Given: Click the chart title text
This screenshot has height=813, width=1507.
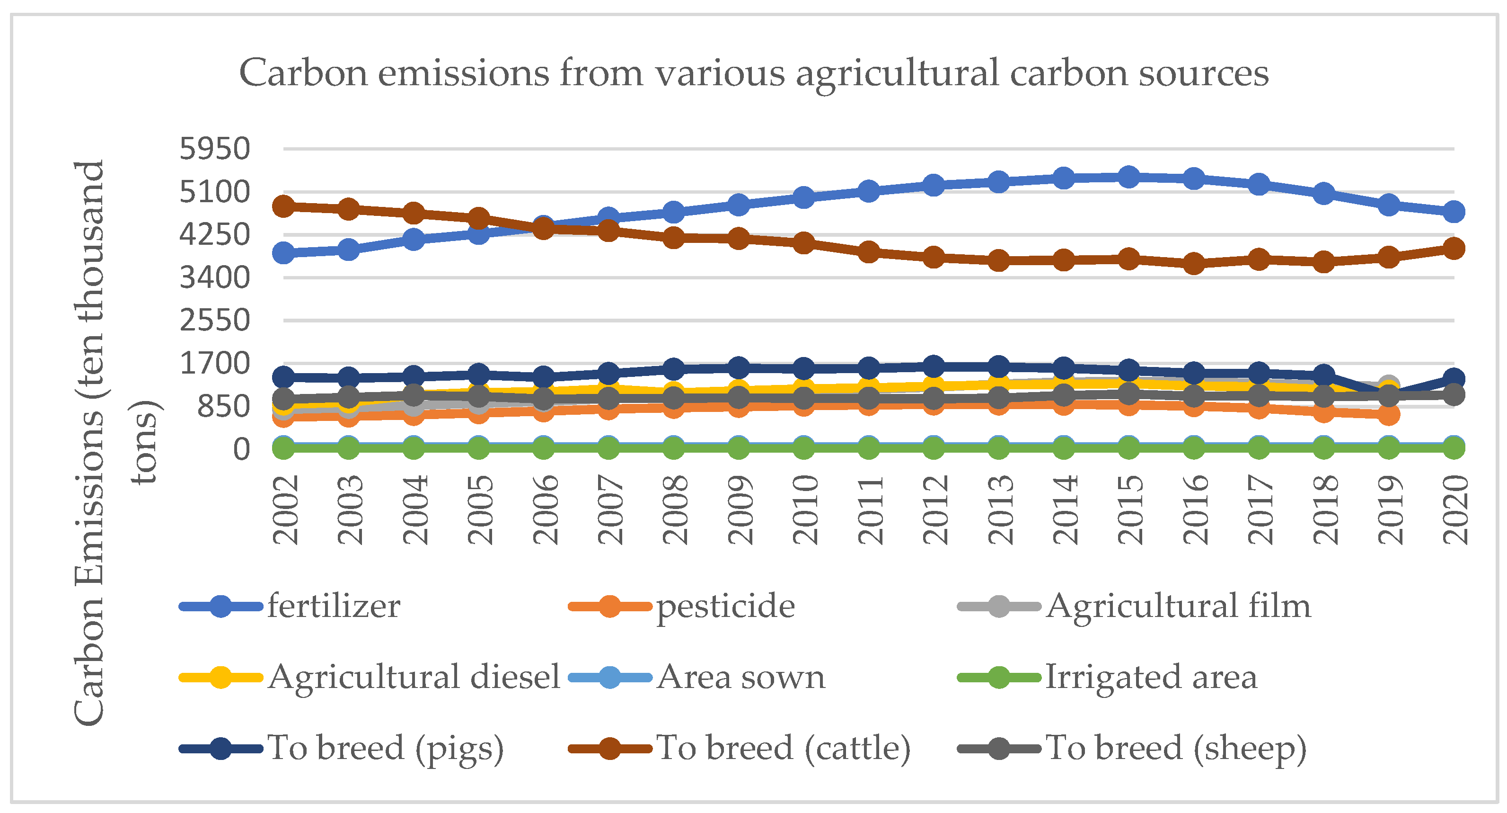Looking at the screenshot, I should coord(753,73).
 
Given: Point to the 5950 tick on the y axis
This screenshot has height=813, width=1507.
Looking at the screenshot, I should coord(215,149).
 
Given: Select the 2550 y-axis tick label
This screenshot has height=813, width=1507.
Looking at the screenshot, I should coord(215,321).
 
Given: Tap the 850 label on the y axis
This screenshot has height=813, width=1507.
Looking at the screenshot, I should coord(223,407).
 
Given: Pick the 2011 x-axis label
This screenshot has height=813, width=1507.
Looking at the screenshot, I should coord(870,509).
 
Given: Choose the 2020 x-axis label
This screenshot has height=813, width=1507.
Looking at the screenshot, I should coord(1455,509).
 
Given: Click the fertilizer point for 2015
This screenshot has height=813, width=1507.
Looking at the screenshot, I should coord(1129,177).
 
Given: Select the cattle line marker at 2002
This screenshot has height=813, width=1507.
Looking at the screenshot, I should coord(284,206).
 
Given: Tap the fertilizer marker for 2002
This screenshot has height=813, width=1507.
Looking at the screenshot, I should coord(284,253).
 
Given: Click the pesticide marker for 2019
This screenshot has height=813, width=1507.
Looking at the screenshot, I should coord(1389,415).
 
